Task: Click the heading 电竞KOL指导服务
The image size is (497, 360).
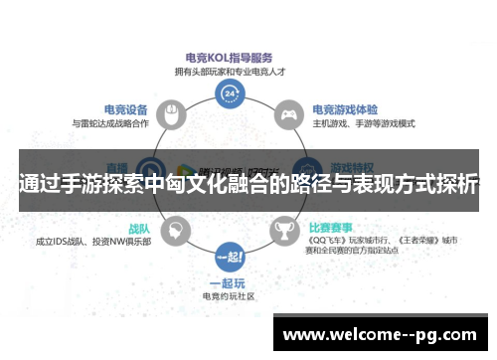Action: (x=230, y=57)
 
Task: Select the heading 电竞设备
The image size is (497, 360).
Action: (x=126, y=109)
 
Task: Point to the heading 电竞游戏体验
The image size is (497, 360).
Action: (x=344, y=109)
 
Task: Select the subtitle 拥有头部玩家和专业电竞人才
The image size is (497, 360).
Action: (x=230, y=71)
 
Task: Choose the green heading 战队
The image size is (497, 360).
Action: (x=138, y=228)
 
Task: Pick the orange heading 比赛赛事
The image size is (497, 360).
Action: (x=331, y=228)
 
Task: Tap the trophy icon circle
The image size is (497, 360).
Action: (x=284, y=231)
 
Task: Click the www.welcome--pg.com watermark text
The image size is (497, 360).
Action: (x=384, y=332)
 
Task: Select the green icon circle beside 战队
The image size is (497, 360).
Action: (x=176, y=231)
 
